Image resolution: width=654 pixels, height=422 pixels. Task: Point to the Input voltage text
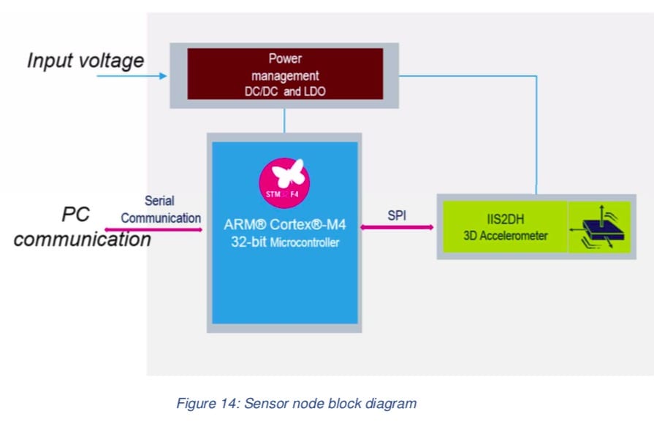(x=85, y=60)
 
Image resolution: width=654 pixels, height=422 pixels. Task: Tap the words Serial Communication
(x=161, y=209)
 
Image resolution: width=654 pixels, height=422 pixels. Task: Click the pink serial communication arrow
(x=153, y=230)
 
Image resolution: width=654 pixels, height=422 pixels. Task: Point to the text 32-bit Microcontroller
(x=285, y=242)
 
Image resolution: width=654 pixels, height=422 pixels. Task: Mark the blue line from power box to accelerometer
(x=537, y=131)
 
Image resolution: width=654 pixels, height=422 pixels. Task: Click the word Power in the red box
(x=285, y=58)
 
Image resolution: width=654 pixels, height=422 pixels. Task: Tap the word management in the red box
(x=285, y=74)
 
